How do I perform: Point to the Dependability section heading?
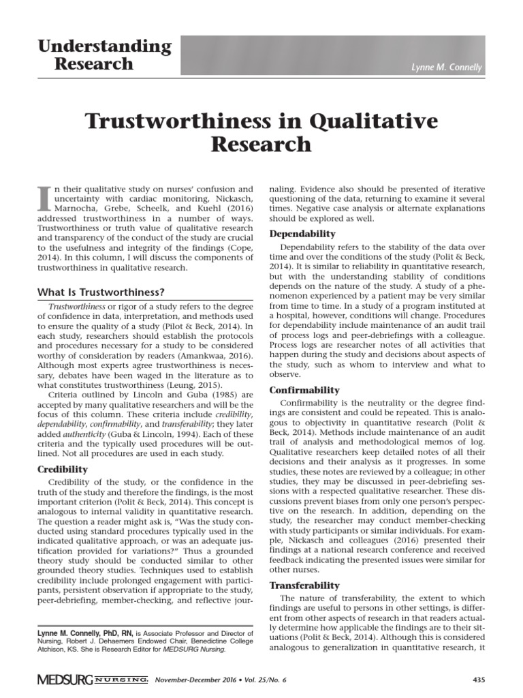303,233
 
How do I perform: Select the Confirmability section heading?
304,390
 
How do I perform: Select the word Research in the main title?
261,145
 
